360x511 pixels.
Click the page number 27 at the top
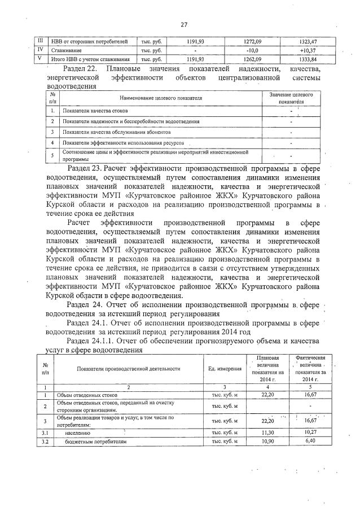tap(183, 24)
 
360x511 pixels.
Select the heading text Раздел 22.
tap(82, 68)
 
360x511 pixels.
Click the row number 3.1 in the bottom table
tap(45, 433)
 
